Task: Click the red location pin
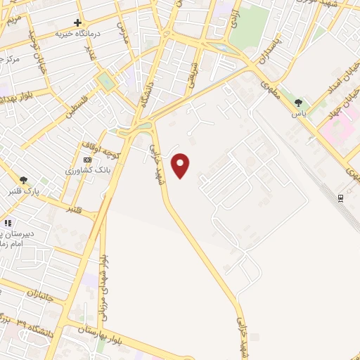tap(181, 165)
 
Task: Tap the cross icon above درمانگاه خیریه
tap(77, 23)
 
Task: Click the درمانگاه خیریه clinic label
tap(79, 33)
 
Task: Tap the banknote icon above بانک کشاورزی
tap(86, 160)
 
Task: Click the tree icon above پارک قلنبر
tap(25, 180)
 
